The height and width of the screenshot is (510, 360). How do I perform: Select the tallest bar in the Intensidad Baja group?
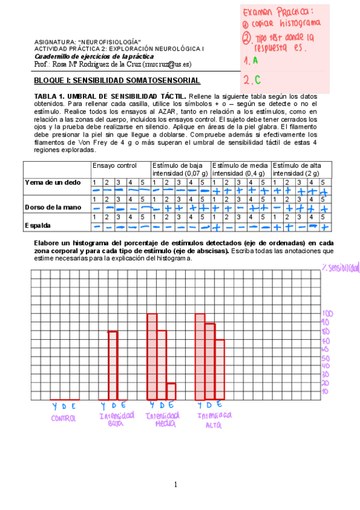(x=112, y=365)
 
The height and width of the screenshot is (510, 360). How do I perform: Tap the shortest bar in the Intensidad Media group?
(x=171, y=391)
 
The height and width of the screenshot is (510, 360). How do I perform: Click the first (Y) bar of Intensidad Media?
(x=152, y=356)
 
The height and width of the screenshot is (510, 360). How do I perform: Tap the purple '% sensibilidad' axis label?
(x=340, y=267)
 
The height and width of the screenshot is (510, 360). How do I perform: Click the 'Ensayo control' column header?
(x=114, y=165)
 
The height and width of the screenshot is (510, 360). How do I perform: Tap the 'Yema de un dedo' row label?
(x=52, y=182)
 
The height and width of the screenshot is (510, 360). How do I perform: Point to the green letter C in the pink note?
(x=257, y=79)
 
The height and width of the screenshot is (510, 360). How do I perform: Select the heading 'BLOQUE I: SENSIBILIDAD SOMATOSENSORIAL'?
(x=117, y=80)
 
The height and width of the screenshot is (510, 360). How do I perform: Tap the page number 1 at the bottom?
(x=175, y=484)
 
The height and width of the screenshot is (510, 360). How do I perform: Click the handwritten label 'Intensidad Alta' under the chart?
(x=215, y=419)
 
